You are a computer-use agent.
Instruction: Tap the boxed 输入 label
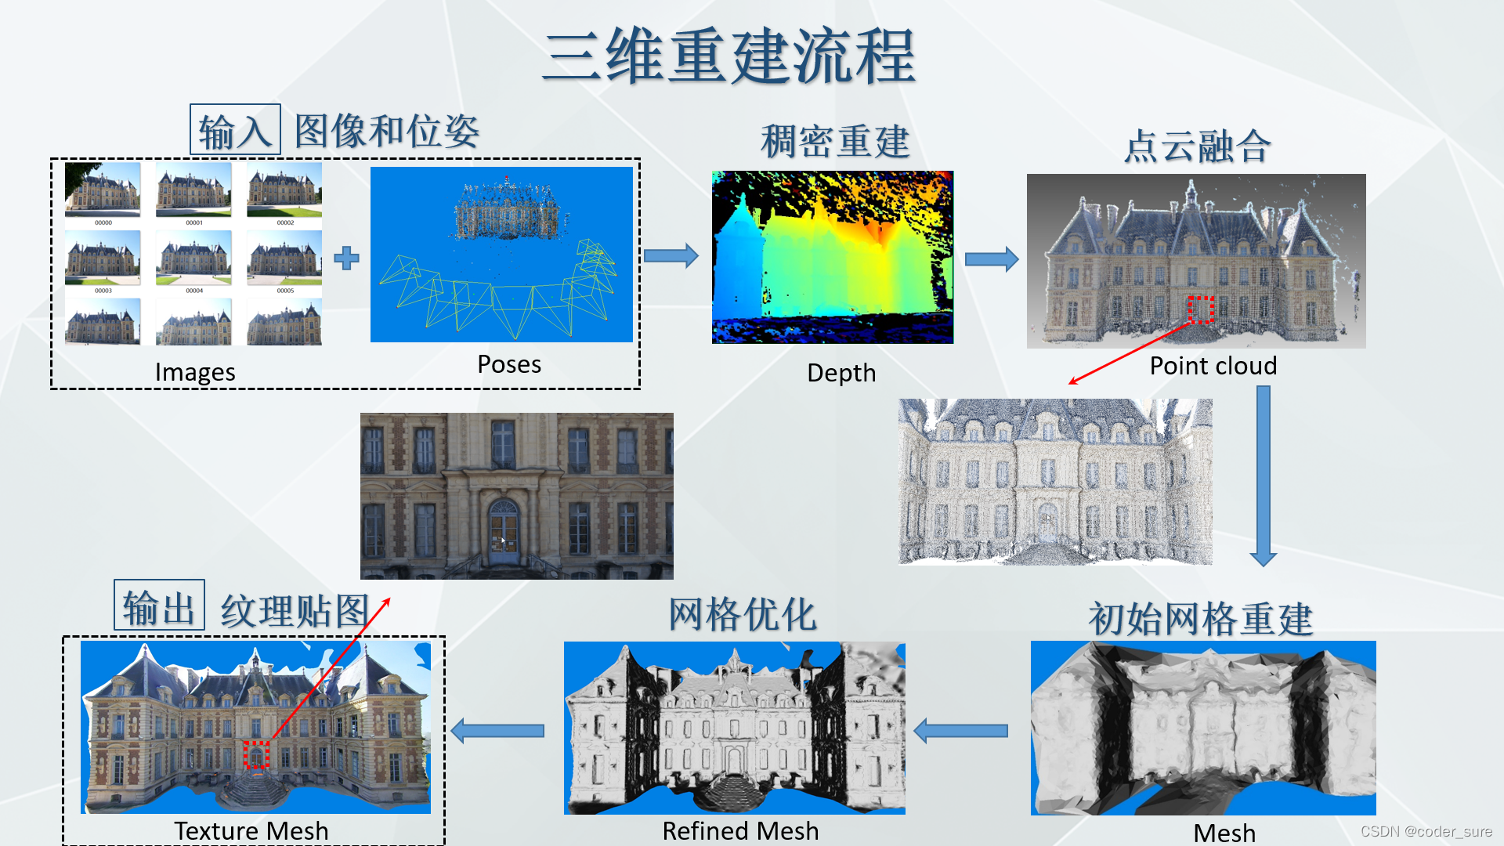coord(235,130)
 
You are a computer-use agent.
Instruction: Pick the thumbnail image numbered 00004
coord(193,258)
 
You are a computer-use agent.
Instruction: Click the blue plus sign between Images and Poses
coord(346,258)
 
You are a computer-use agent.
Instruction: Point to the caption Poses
coord(509,364)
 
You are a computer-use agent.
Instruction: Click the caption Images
coord(195,372)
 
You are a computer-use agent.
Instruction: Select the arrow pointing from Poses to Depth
coord(671,255)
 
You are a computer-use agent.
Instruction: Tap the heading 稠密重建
coord(835,142)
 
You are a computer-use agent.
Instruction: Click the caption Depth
coord(841,373)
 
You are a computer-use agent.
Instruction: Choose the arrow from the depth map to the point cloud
coord(991,258)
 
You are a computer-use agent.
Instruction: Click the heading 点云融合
coord(1197,146)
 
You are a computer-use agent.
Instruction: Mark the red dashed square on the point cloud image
coord(1201,309)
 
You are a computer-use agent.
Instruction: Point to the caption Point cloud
coord(1213,366)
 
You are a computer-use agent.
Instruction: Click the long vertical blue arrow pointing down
coord(1263,475)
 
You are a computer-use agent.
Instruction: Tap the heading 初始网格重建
coord(1200,619)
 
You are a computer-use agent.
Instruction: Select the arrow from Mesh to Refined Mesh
coord(961,731)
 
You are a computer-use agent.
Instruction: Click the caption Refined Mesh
coord(740,830)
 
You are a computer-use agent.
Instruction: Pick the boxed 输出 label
coord(159,606)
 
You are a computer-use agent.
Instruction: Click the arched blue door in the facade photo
coord(504,531)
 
